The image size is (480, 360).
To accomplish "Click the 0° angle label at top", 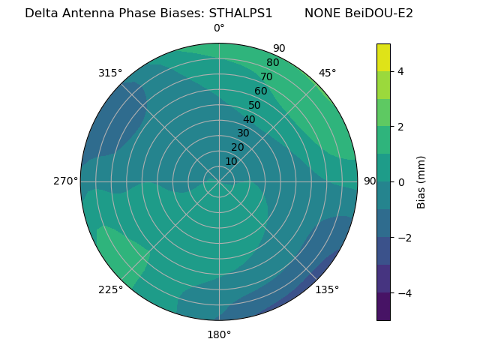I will click(x=219, y=28).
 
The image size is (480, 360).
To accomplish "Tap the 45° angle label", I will click(x=328, y=73).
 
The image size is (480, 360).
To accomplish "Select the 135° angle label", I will click(x=327, y=289).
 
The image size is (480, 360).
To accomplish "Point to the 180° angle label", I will click(x=219, y=334).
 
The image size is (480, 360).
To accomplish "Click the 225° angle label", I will click(x=110, y=289).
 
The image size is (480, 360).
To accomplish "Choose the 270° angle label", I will click(x=65, y=181).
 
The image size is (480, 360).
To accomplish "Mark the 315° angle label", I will click(x=110, y=73).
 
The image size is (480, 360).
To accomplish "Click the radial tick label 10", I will click(x=232, y=161).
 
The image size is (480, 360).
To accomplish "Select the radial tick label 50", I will click(x=255, y=106).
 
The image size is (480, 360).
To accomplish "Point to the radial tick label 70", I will click(x=266, y=77).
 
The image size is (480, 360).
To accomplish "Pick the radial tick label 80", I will click(x=272, y=63).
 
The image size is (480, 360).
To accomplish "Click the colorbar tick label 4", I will click(x=401, y=71).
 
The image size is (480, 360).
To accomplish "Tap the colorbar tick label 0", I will click(x=401, y=182).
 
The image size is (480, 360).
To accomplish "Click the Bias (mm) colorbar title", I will click(x=421, y=182).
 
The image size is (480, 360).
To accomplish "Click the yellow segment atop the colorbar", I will click(x=383, y=57).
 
